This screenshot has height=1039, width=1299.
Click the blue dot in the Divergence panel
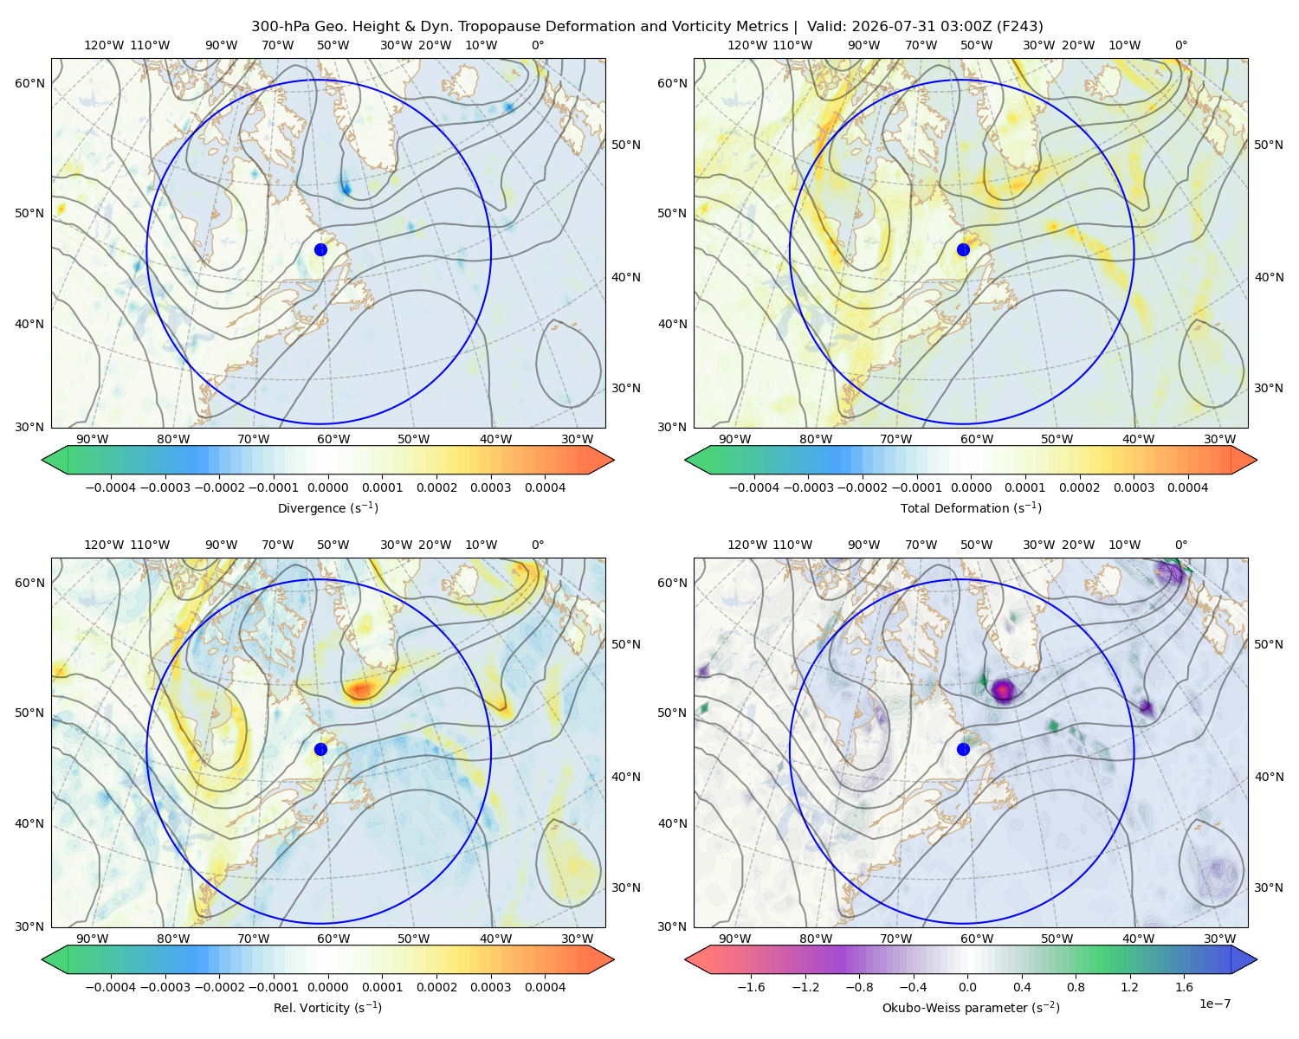[x=320, y=249]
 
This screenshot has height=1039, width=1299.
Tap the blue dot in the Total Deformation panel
[x=963, y=249]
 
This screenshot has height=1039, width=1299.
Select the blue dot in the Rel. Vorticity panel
[x=320, y=749]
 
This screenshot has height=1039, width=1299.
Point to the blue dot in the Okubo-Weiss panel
[x=963, y=749]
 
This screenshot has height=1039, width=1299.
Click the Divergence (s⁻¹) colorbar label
[x=327, y=507]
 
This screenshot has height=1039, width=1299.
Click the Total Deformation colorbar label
[x=971, y=507]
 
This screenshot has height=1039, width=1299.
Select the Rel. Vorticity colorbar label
[x=327, y=1007]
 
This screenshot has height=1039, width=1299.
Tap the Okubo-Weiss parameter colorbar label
[x=971, y=1007]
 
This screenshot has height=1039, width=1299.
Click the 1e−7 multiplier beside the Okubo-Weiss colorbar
[x=1214, y=1004]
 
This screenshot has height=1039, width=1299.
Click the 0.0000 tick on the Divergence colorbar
[x=327, y=487]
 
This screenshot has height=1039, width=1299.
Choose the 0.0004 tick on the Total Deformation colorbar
[x=1187, y=487]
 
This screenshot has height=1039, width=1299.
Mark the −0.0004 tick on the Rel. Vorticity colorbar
[x=111, y=986]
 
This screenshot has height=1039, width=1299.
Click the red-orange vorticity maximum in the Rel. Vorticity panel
[x=361, y=689]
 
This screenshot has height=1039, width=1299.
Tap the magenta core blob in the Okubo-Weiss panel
[x=1003, y=689]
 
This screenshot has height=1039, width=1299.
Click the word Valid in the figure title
[x=824, y=26]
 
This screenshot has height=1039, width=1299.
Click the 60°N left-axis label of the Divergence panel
[x=29, y=83]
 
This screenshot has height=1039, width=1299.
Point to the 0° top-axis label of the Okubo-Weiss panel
[x=1180, y=545]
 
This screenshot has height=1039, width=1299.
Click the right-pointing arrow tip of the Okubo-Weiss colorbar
[x=1257, y=959]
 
